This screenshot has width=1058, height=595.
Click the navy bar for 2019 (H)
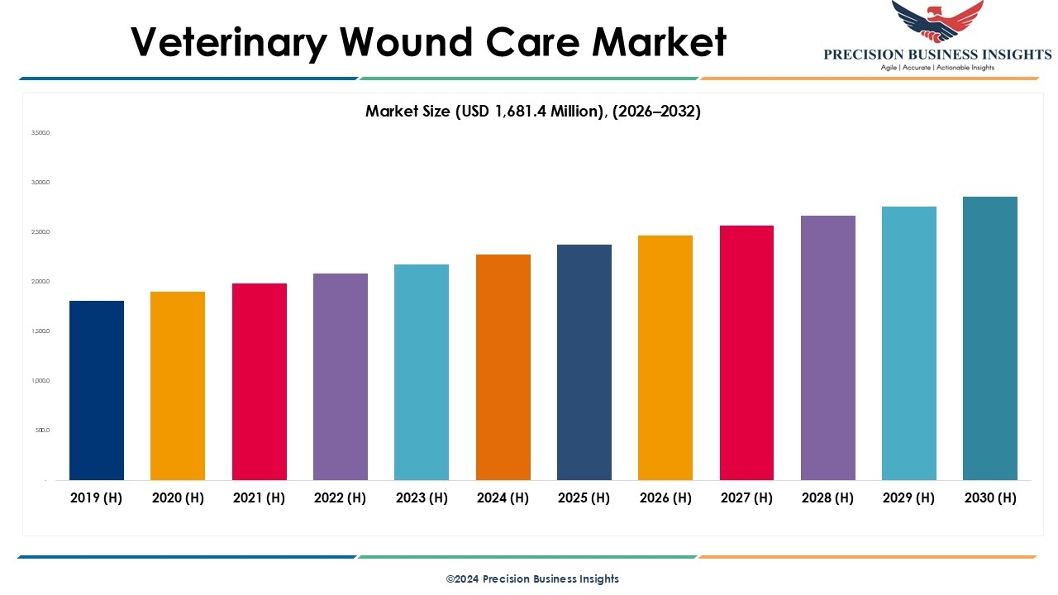click(97, 390)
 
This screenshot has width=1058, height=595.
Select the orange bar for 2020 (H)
click(178, 386)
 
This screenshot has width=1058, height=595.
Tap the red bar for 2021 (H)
click(260, 382)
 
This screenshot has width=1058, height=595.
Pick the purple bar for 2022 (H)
click(341, 377)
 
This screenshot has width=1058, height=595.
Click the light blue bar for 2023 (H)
click(422, 372)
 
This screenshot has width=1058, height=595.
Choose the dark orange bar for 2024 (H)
click(503, 367)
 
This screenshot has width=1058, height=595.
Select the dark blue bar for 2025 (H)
click(584, 362)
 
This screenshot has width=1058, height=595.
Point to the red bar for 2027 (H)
click(746, 353)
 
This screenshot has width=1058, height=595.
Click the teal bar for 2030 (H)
click(990, 338)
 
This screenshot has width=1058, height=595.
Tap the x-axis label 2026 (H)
click(665, 497)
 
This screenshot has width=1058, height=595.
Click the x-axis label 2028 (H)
click(828, 497)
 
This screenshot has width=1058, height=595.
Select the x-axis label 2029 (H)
click(909, 497)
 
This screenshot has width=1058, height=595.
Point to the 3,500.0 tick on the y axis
click(41, 132)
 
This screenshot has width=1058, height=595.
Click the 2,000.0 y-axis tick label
click(41, 282)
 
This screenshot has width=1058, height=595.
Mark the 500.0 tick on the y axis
click(42, 431)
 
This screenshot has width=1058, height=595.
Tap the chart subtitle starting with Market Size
click(533, 112)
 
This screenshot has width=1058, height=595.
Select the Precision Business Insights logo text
click(937, 55)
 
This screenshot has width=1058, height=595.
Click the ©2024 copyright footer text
click(532, 578)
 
